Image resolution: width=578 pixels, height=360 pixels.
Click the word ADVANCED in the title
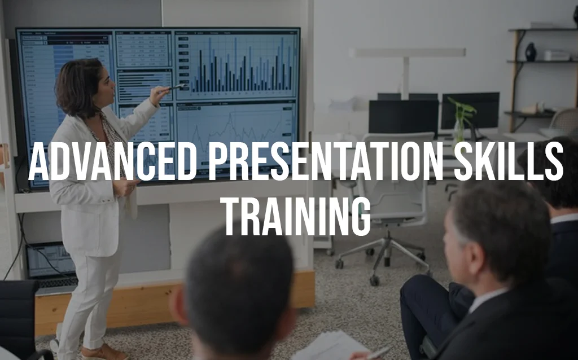pos(112,161)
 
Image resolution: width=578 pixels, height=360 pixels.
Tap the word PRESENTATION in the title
pos(325,161)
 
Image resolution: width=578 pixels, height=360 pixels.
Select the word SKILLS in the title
pos(509,161)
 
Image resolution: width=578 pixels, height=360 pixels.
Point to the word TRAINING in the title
pos(297,216)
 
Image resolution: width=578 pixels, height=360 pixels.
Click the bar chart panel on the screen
pos(236,65)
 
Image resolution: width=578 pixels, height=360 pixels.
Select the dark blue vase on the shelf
pos(531,52)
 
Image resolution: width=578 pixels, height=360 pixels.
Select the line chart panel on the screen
pos(236,137)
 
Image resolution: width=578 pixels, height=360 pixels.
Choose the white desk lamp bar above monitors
pos(408,52)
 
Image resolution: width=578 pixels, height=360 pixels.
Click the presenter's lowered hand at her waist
pos(125,187)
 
